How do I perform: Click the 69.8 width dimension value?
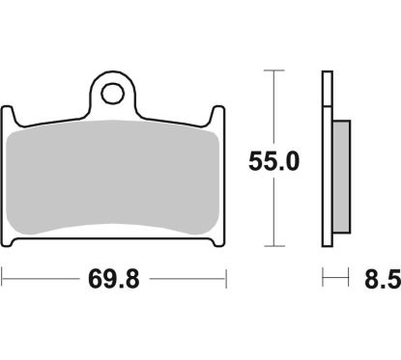tap(114, 282)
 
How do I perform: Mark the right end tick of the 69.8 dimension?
tap(226, 282)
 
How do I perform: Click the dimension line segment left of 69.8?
tap(43, 282)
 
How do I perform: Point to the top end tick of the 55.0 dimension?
tap(275, 70)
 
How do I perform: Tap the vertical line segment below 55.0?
tap(275, 212)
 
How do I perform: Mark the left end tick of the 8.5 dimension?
tap(323, 282)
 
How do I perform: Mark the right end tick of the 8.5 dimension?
tap(347, 282)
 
